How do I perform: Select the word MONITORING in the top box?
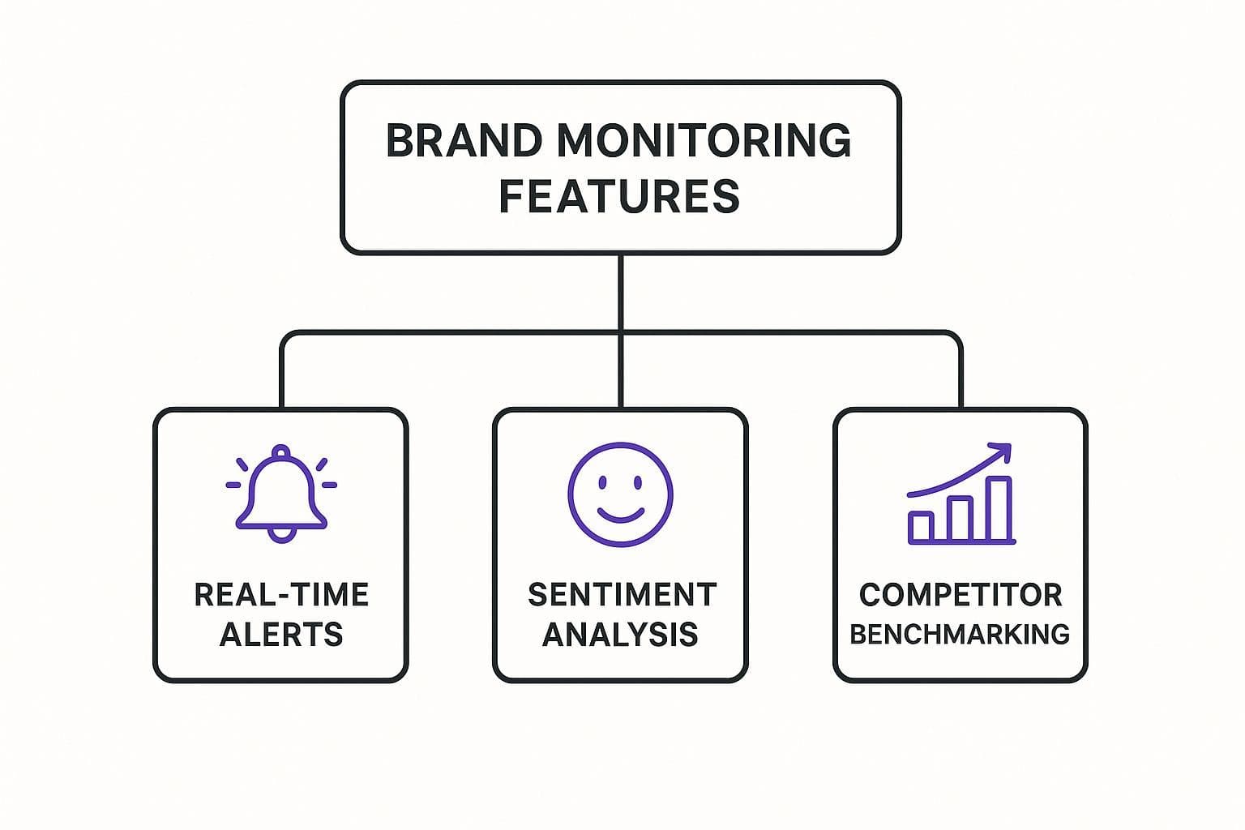click(704, 141)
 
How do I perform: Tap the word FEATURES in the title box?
click(619, 196)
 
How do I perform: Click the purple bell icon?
click(281, 493)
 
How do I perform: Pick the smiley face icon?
click(620, 494)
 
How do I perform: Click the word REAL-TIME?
click(281, 595)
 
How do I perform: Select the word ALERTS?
click(281, 634)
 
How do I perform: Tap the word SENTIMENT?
click(622, 595)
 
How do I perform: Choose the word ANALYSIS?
click(620, 634)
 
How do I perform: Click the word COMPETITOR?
click(960, 595)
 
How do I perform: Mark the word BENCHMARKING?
click(960, 634)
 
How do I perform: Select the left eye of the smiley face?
click(602, 482)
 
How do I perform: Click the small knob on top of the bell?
click(281, 451)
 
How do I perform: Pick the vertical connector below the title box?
click(620, 292)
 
